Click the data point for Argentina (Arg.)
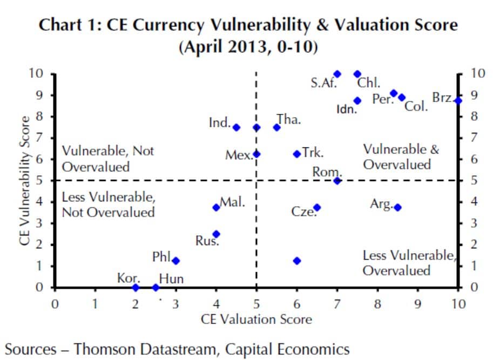point(397,207)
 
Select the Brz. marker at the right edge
point(458,100)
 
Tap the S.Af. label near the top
point(322,83)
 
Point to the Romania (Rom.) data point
point(337,181)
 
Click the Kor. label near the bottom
point(129,279)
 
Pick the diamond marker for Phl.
point(175,261)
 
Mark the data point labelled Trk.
point(296,154)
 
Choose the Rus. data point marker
point(216,234)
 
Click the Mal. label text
point(233,202)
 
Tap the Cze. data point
point(317,207)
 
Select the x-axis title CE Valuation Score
point(256,319)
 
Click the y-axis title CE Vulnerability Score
point(24,181)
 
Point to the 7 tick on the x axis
point(337,303)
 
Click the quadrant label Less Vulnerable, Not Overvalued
point(108,205)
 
